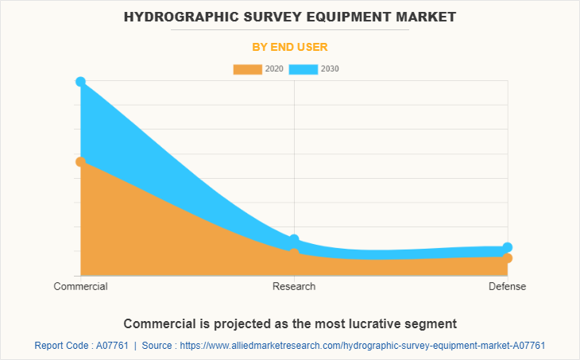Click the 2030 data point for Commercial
pyautogui.click(x=80, y=82)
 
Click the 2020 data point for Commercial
pyautogui.click(x=80, y=161)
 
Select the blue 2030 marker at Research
pyautogui.click(x=294, y=240)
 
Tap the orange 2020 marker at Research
pyautogui.click(x=294, y=252)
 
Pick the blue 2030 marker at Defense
pyautogui.click(x=508, y=248)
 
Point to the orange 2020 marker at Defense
pyautogui.click(x=508, y=258)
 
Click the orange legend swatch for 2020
pyautogui.click(x=247, y=69)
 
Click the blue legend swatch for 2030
pyautogui.click(x=304, y=69)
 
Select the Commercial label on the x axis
pyautogui.click(x=80, y=286)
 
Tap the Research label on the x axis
pyautogui.click(x=294, y=286)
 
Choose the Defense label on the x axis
pyautogui.click(x=507, y=286)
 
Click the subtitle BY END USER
pyautogui.click(x=290, y=47)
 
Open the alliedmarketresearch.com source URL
pyautogui.click(x=362, y=346)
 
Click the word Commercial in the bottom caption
pyautogui.click(x=158, y=323)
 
